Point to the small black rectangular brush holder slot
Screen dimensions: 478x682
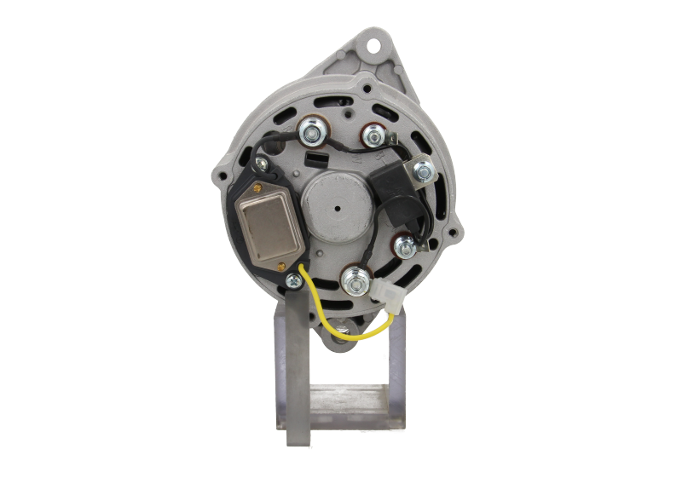334,159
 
